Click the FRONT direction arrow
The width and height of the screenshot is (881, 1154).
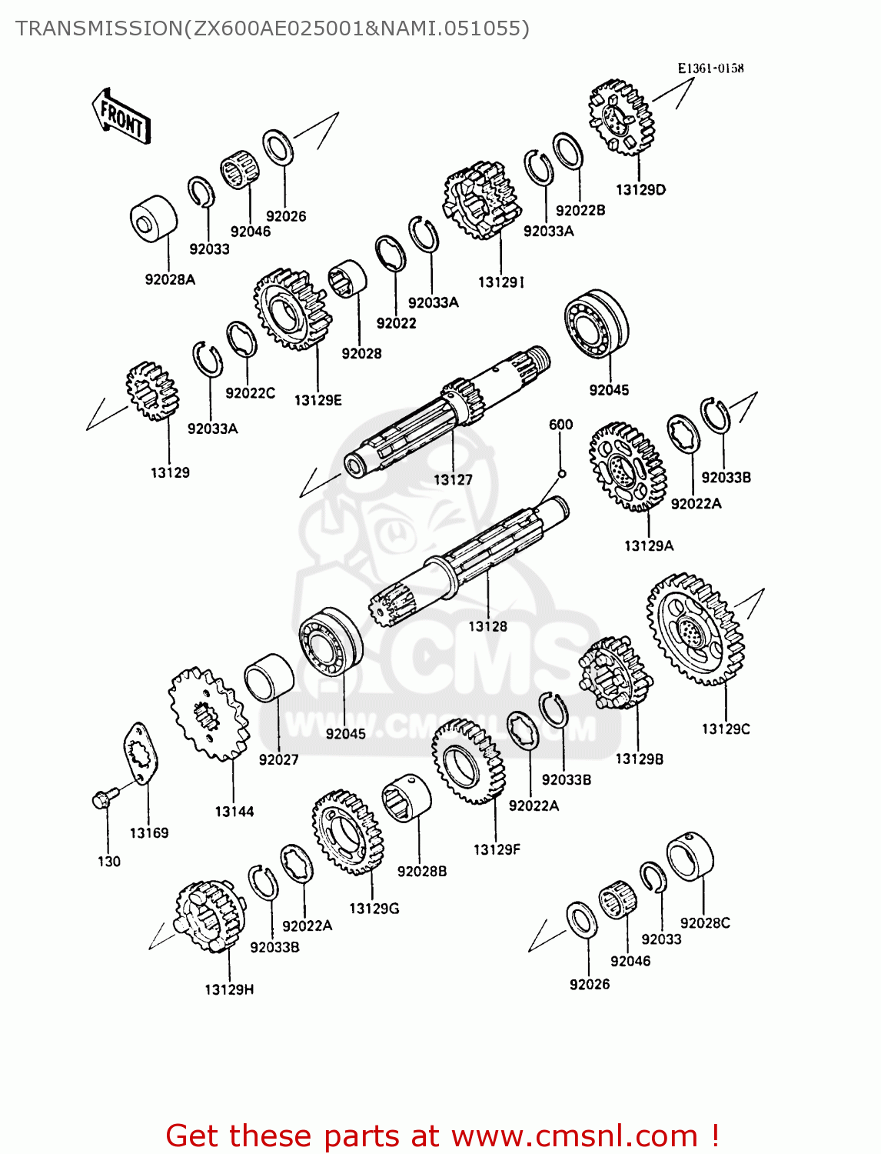pyautogui.click(x=121, y=117)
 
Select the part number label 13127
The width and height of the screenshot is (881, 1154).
pyautogui.click(x=453, y=480)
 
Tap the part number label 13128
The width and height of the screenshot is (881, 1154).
pyautogui.click(x=487, y=626)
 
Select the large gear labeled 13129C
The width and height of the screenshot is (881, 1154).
pyautogui.click(x=696, y=629)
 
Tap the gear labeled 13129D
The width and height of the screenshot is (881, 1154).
pyautogui.click(x=621, y=117)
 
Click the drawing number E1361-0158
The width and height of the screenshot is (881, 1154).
pyautogui.click(x=710, y=68)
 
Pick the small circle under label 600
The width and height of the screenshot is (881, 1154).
pyautogui.click(x=561, y=473)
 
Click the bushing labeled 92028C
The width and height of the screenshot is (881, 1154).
pyautogui.click(x=690, y=856)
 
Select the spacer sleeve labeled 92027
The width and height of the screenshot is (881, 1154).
pyautogui.click(x=269, y=677)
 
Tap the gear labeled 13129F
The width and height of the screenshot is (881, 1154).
pyautogui.click(x=468, y=762)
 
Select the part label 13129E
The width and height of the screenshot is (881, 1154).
pyautogui.click(x=317, y=400)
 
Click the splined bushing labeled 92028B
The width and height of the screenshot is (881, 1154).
pyautogui.click(x=407, y=799)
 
